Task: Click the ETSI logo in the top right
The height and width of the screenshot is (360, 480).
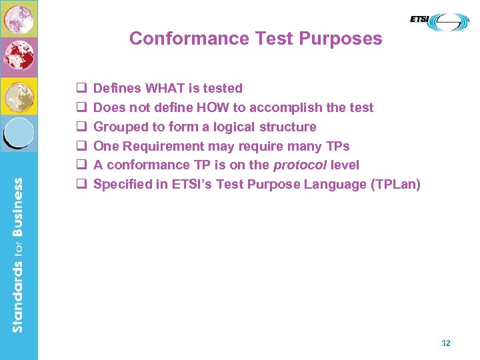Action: pyautogui.click(x=439, y=22)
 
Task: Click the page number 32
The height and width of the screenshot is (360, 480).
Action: pyautogui.click(x=446, y=343)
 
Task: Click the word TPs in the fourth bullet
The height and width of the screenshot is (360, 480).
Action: pyautogui.click(x=336, y=146)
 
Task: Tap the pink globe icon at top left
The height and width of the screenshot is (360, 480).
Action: pyautogui.click(x=19, y=18)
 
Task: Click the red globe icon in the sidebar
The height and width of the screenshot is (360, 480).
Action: pyautogui.click(x=19, y=57)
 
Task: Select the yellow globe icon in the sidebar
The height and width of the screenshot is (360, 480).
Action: pyautogui.click(x=19, y=96)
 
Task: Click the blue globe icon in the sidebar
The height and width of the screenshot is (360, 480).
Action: pyautogui.click(x=19, y=133)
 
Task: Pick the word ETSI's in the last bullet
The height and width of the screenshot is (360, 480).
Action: pyautogui.click(x=194, y=184)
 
